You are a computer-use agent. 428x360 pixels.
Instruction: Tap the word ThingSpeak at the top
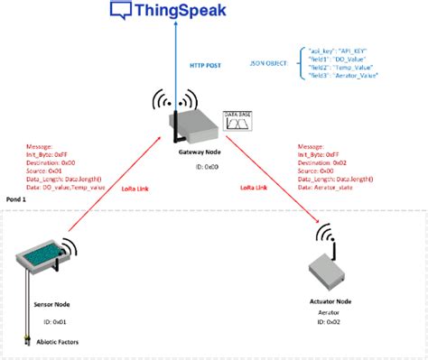tap(181, 11)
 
